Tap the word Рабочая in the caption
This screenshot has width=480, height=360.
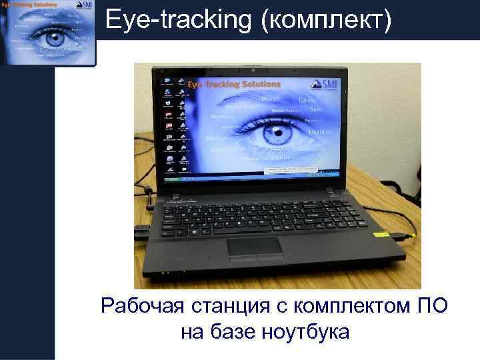pyautogui.click(x=141, y=307)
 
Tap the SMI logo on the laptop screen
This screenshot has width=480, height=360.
pyautogui.click(x=327, y=84)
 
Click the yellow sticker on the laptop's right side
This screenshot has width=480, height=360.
pyautogui.click(x=381, y=234)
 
